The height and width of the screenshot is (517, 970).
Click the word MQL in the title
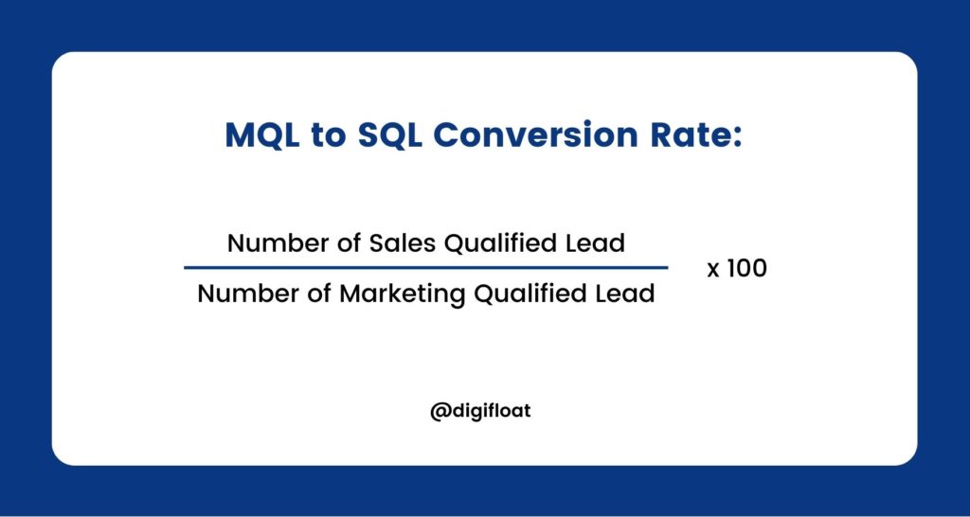(261, 135)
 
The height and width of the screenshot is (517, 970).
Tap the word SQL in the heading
(389, 135)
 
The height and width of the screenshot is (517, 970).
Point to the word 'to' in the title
(329, 136)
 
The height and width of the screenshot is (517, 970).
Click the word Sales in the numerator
(403, 243)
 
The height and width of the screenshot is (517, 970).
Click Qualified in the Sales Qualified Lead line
(502, 243)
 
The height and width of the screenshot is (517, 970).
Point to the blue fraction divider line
(425, 268)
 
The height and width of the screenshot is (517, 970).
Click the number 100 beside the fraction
(746, 268)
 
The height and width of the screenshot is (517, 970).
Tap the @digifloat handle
(480, 411)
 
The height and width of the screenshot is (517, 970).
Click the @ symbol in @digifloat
(440, 412)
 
